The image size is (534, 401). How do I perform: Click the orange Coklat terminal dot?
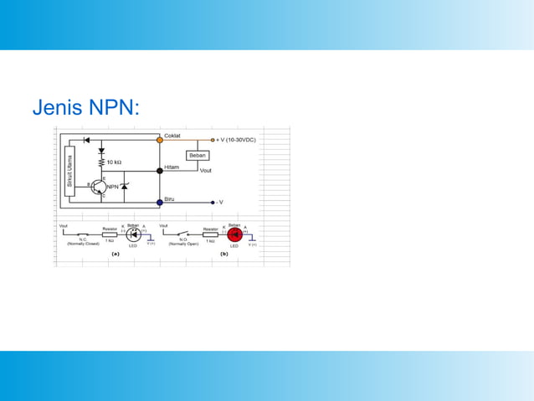[160, 140]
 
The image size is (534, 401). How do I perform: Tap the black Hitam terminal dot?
[160, 171]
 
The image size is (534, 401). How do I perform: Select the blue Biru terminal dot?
[160, 202]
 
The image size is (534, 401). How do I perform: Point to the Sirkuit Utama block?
[69, 172]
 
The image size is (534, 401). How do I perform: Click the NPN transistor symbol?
[100, 186]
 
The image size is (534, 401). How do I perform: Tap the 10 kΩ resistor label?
[114, 162]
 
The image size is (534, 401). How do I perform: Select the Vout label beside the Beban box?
[206, 171]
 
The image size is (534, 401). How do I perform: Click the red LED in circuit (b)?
[234, 235]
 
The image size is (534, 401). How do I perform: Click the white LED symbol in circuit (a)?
[133, 235]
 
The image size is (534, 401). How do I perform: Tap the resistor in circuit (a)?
[110, 235]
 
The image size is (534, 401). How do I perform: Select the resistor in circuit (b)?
[211, 235]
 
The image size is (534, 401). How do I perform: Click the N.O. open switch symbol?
[183, 234]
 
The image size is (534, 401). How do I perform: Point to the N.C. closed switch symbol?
[83, 234]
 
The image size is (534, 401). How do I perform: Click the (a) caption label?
[116, 254]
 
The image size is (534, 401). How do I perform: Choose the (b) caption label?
[223, 254]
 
